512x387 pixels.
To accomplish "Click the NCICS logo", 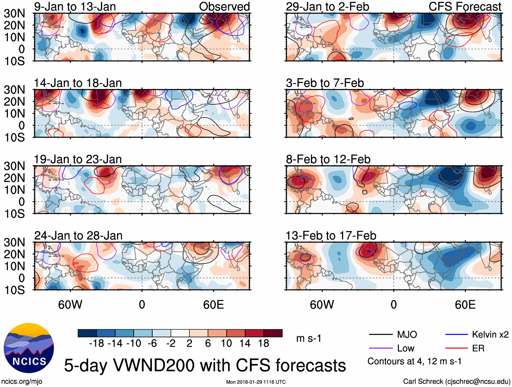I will pos(28,348).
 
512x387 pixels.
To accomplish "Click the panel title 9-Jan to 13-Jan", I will pos(75,6).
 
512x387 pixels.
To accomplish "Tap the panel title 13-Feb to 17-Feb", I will pos(331,236).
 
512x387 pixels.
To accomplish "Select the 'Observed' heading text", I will pos(224,6).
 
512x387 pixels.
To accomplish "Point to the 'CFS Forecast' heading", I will pos(465,6).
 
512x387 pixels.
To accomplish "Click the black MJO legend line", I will pos(381,335).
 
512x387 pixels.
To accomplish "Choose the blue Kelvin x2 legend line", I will pos(456,335).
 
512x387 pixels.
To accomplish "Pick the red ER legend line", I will pos(456,348).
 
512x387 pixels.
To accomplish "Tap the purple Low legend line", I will pos(381,348).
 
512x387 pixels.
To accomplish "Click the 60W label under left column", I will pos(70,305).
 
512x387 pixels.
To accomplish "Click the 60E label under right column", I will pos(465,305).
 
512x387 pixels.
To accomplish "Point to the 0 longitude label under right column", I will pos(393,305).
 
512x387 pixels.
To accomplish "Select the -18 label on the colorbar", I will pos(96,344).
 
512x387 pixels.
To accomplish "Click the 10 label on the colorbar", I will pos(226,344).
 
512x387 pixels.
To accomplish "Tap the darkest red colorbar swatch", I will pos(273,333).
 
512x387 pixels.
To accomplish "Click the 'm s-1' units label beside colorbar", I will pos(309,338).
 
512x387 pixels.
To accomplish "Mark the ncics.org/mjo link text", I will pos(22,382).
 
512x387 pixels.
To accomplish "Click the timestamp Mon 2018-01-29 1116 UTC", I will pos(256,382).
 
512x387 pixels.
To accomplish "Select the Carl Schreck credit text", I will pos(456,382).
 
